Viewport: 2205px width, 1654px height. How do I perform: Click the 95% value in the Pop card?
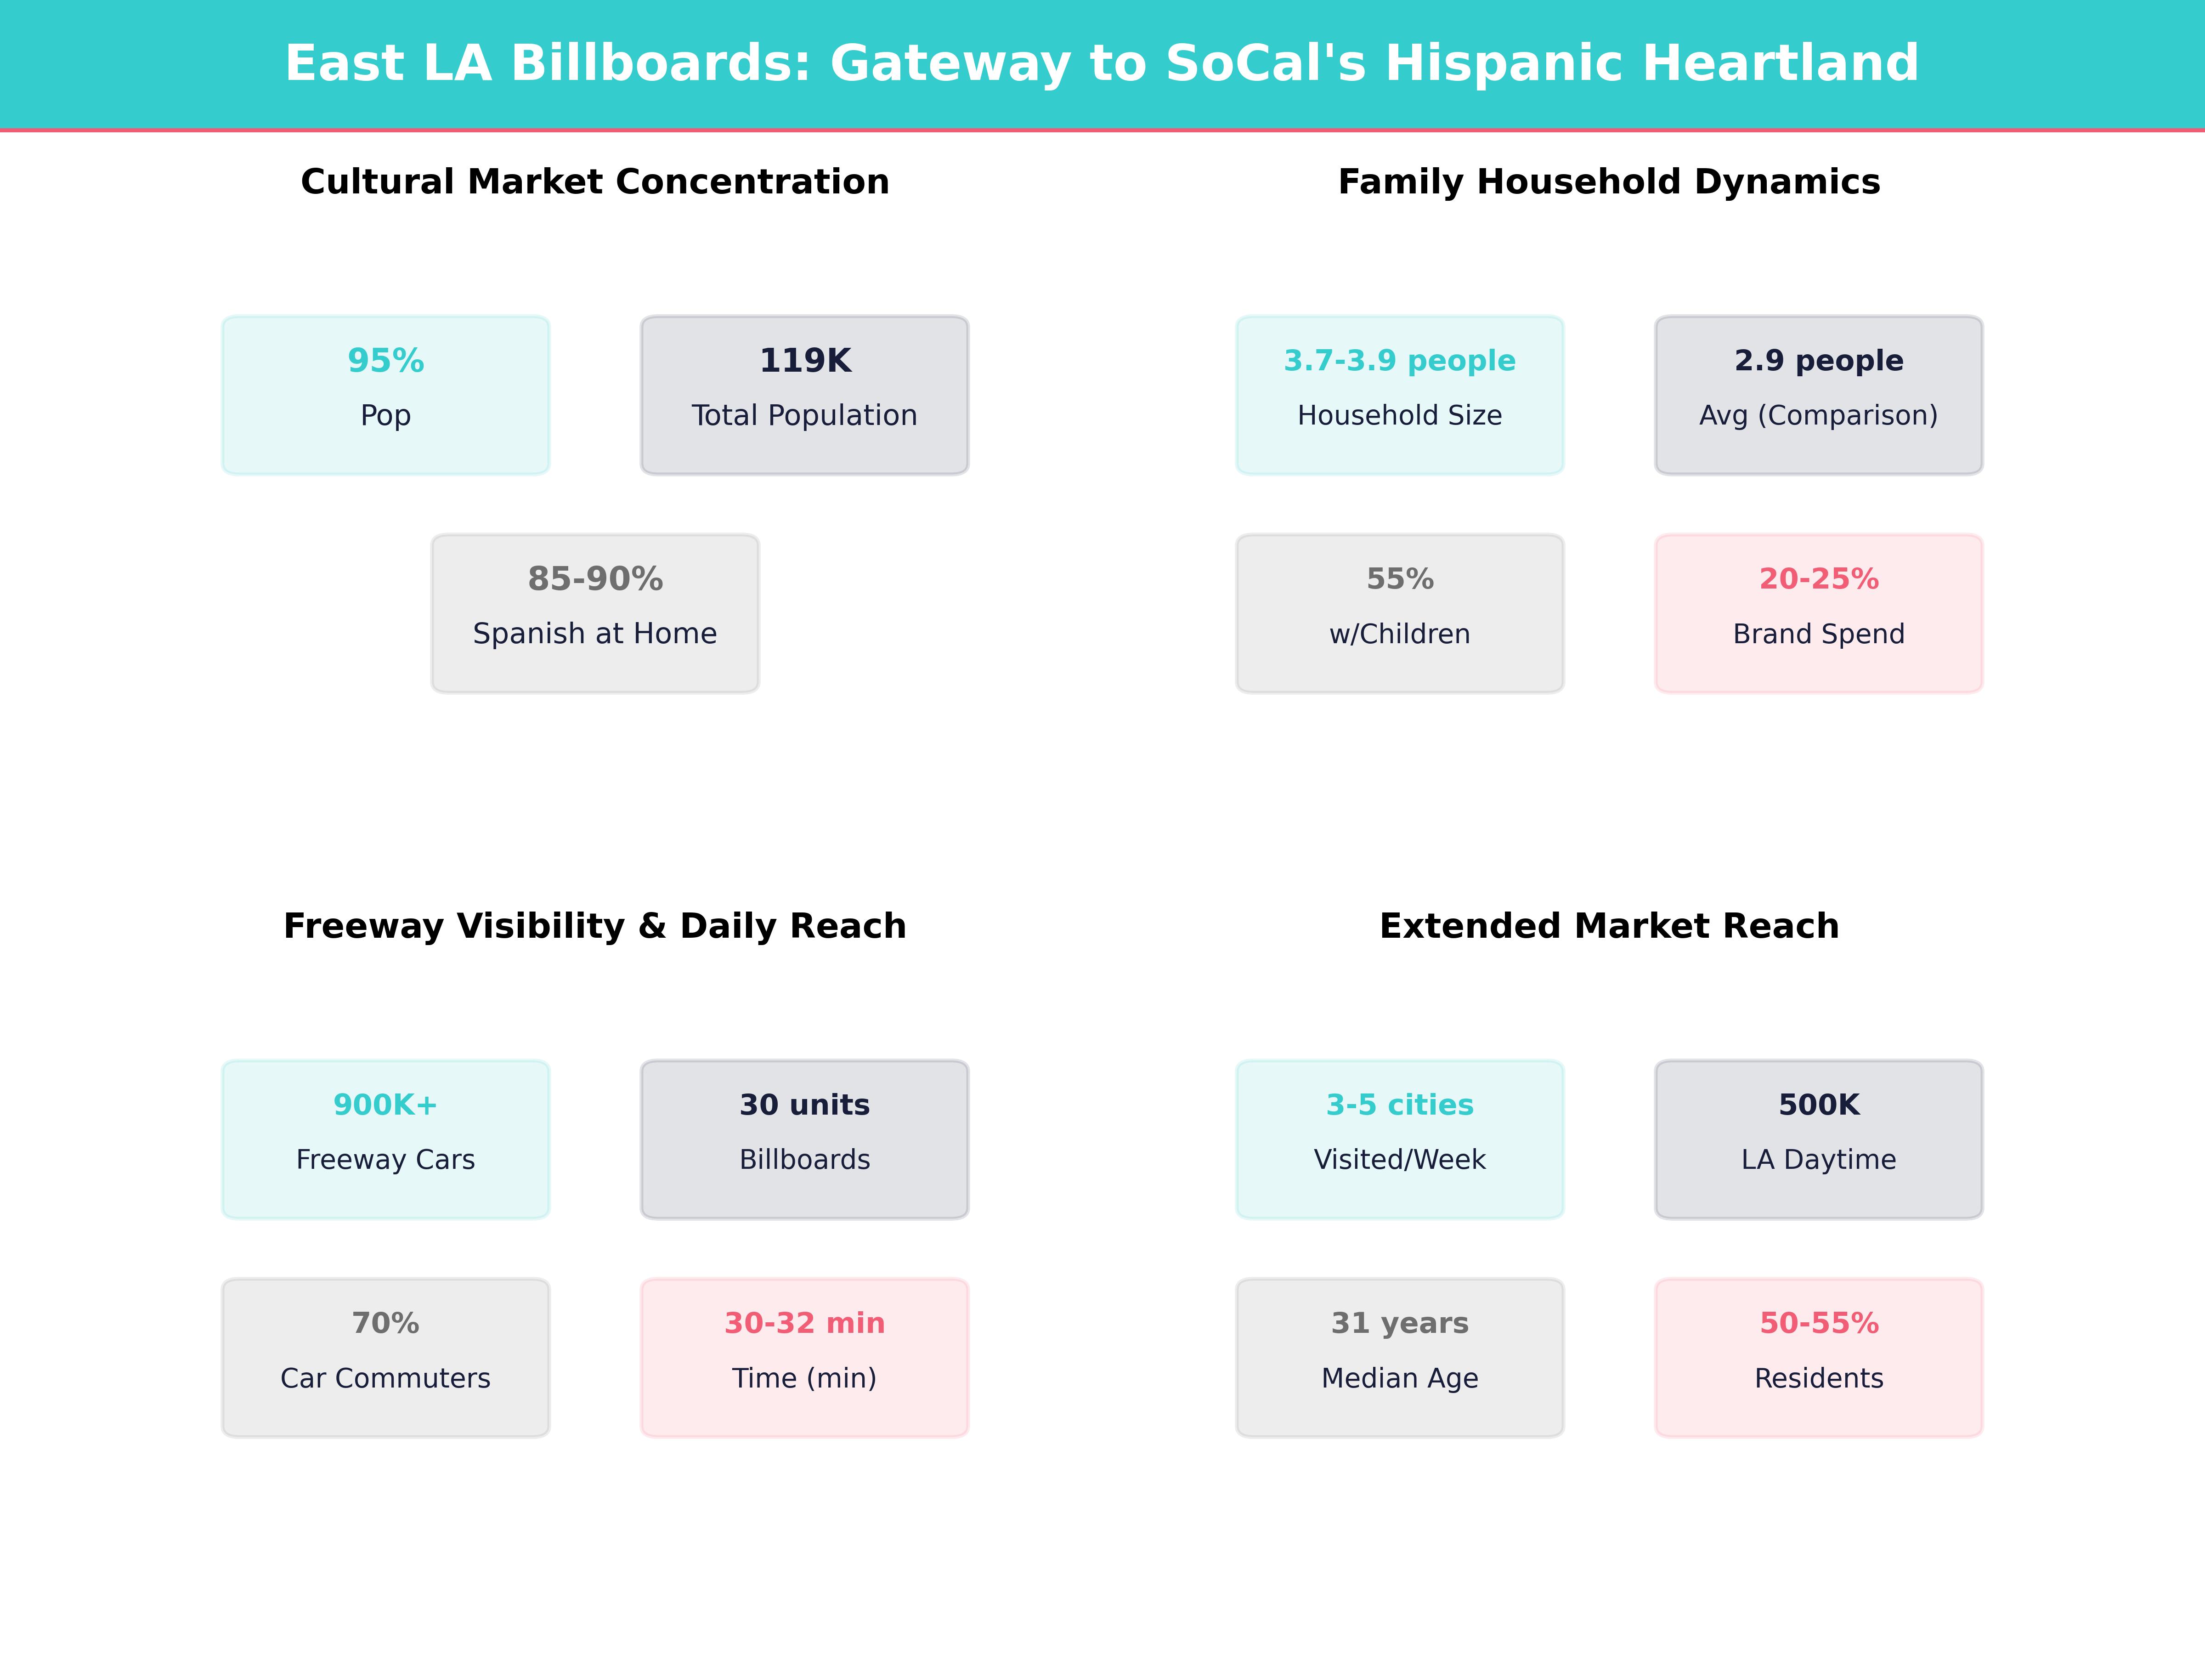[386, 361]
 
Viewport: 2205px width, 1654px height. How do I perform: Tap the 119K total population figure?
[804, 361]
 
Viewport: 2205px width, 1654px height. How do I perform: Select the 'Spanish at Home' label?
[595, 634]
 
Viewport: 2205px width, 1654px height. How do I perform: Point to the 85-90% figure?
[595, 579]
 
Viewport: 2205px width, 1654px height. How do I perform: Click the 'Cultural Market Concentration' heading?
[595, 182]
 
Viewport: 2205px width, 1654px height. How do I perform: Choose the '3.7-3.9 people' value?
[1400, 361]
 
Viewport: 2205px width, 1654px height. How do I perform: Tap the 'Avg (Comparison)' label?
[1818, 416]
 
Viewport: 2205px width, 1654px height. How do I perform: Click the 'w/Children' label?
[1400, 634]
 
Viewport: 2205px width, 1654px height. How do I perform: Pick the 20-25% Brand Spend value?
[1818, 579]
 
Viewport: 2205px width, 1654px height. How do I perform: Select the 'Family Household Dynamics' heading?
[1609, 182]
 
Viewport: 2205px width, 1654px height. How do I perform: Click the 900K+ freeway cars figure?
[386, 1105]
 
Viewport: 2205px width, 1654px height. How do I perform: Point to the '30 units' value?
[804, 1105]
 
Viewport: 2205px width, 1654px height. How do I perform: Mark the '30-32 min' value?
[804, 1323]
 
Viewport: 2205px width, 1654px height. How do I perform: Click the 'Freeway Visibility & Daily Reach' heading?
[595, 926]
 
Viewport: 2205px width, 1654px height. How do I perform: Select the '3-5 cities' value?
[1400, 1105]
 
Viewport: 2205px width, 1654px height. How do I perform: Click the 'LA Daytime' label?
[1818, 1160]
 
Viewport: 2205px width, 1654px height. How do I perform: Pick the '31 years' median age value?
[1400, 1323]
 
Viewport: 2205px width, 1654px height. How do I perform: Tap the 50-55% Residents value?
[1818, 1323]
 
